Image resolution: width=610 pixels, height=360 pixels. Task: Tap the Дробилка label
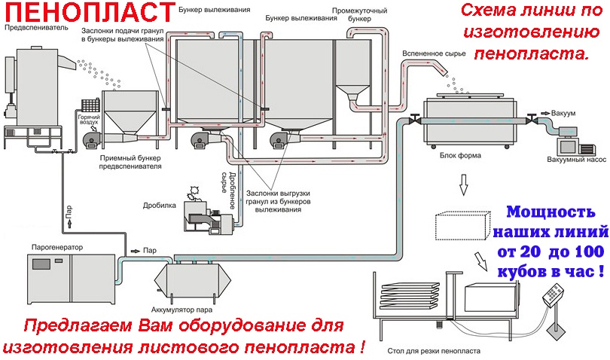pyautogui.click(x=159, y=204)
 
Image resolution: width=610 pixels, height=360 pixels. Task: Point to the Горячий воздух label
pyautogui.click(x=89, y=120)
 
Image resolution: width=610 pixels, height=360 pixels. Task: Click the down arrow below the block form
pyautogui.click(x=464, y=183)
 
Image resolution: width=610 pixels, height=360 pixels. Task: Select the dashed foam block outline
pyautogui.click(x=463, y=226)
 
